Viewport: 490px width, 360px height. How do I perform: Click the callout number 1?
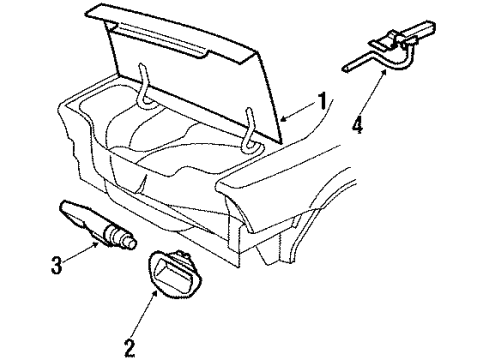tap(321, 100)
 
